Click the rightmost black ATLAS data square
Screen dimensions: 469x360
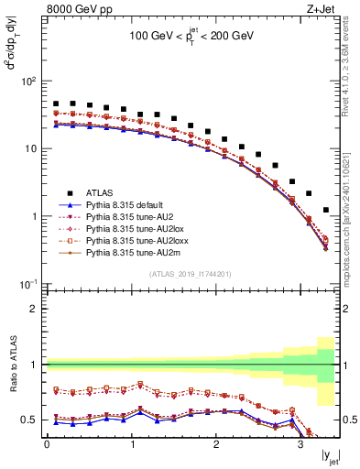pos(325,211)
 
